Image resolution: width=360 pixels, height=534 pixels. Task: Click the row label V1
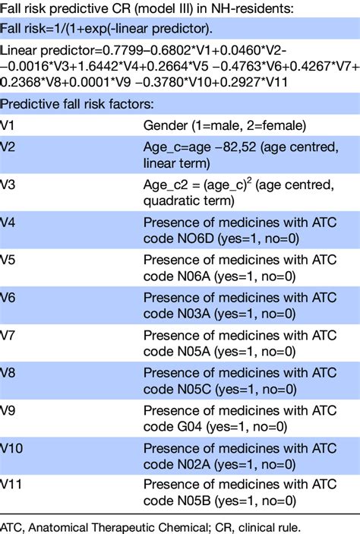point(7,125)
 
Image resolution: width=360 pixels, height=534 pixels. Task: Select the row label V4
point(8,223)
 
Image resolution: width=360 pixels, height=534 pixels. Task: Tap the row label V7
point(7,336)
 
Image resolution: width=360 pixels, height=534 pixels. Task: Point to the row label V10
point(11,448)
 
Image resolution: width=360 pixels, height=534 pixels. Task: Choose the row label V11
point(11,484)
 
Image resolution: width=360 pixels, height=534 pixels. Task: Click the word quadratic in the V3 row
point(167,201)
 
